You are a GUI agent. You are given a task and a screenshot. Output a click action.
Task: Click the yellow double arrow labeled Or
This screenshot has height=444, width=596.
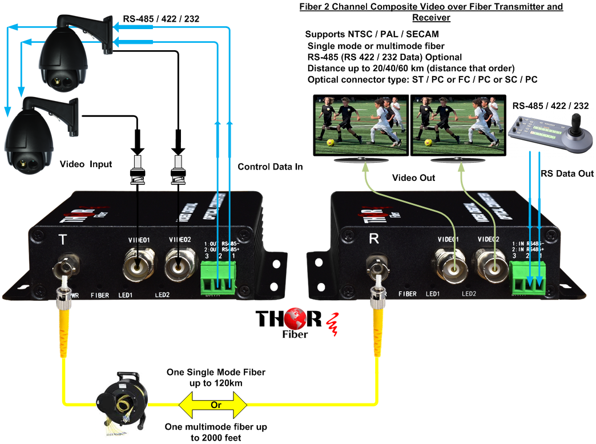click(213, 405)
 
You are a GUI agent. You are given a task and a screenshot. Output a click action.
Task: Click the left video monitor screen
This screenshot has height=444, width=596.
click(361, 125)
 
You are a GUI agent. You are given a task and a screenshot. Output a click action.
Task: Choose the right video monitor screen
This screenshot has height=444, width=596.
click(457, 125)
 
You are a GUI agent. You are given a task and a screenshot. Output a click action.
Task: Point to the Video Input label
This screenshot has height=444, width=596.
click(86, 164)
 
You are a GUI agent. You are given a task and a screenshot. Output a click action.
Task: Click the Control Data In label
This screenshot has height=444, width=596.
click(270, 167)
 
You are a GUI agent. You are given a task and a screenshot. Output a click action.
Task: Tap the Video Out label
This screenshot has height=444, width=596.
click(413, 178)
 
